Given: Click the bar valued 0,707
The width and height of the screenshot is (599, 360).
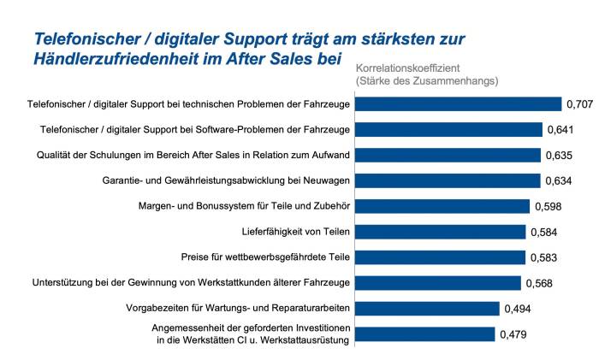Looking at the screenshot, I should pyautogui.click(x=458, y=104).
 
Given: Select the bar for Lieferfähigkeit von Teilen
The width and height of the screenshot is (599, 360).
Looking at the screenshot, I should pyautogui.click(x=440, y=232).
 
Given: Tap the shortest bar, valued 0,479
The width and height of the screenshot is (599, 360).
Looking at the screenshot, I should pyautogui.click(x=424, y=334).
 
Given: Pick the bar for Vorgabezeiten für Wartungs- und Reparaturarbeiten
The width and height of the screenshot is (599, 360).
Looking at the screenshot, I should pyautogui.click(x=427, y=309).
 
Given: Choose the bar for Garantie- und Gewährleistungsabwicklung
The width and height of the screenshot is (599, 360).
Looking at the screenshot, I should pyautogui.click(x=448, y=180).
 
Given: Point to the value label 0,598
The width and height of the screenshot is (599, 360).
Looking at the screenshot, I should pyautogui.click(x=549, y=206).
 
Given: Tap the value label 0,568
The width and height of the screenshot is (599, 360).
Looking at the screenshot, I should pyautogui.click(x=539, y=283).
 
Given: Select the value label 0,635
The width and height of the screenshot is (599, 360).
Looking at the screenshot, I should pyautogui.click(x=559, y=156).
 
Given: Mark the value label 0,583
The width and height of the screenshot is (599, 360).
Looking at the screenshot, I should pyautogui.click(x=544, y=257).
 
